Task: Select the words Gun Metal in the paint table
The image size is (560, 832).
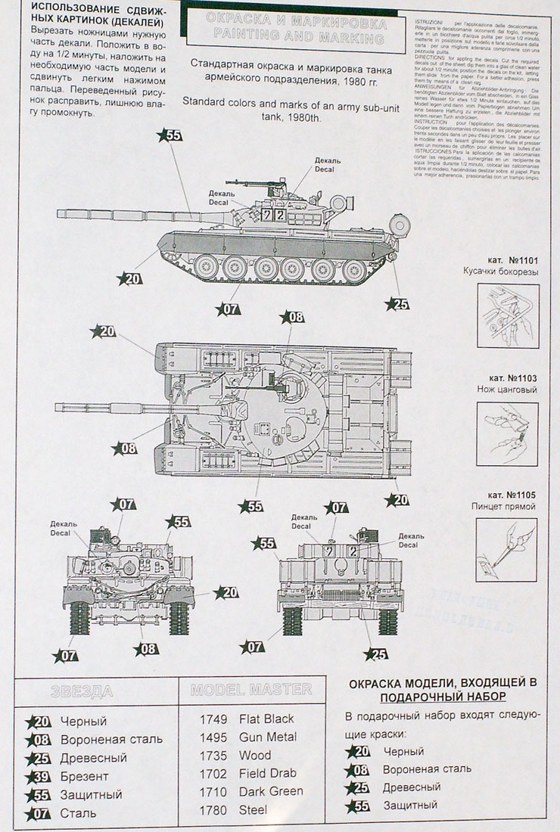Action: click(267, 737)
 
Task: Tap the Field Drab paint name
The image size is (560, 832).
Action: click(267, 773)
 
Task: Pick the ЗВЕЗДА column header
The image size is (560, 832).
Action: click(81, 690)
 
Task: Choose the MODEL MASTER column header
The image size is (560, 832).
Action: click(250, 689)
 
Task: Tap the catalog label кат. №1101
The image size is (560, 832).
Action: click(513, 258)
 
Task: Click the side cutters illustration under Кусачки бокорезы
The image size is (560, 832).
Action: click(508, 315)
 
